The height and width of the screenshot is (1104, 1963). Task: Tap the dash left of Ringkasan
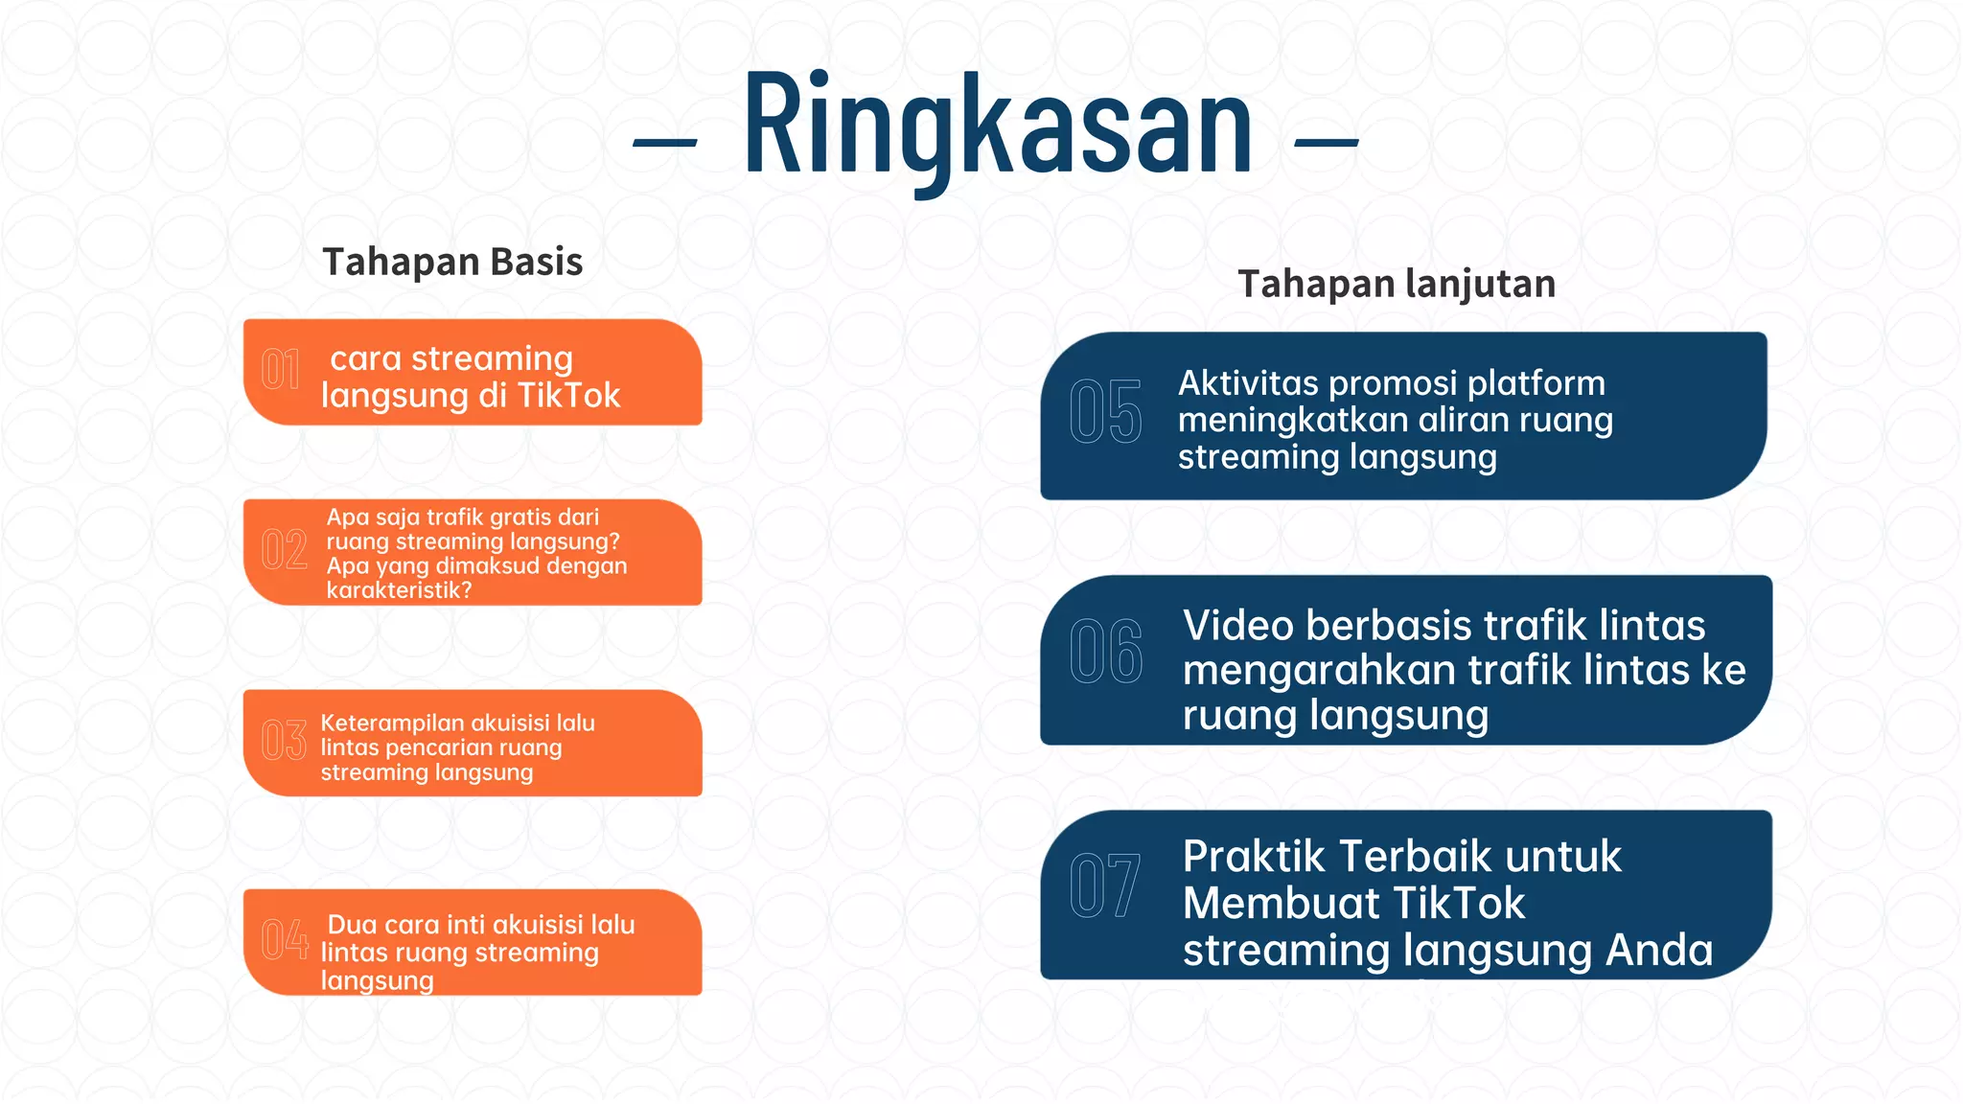pyautogui.click(x=664, y=143)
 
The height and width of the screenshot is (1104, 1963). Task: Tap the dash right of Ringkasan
pyautogui.click(x=1327, y=143)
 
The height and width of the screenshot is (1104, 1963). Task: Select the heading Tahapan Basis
pyautogui.click(x=452, y=262)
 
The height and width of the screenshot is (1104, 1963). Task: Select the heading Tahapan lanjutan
pyautogui.click(x=1397, y=284)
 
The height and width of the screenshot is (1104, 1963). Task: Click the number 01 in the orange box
pyautogui.click(x=281, y=370)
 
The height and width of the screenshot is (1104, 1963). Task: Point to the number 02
pyautogui.click(x=284, y=550)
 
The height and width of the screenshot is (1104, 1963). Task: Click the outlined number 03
pyautogui.click(x=284, y=741)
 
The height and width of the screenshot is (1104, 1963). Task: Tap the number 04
pyautogui.click(x=285, y=939)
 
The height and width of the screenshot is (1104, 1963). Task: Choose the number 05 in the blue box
pyautogui.click(x=1105, y=412)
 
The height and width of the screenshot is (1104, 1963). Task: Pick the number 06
pyautogui.click(x=1105, y=653)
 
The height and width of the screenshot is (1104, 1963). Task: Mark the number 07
pyautogui.click(x=1104, y=886)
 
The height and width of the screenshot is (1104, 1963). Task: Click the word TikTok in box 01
pyautogui.click(x=568, y=396)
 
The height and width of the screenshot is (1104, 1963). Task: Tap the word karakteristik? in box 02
pyautogui.click(x=399, y=590)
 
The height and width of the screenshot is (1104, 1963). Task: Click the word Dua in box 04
pyautogui.click(x=352, y=925)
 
